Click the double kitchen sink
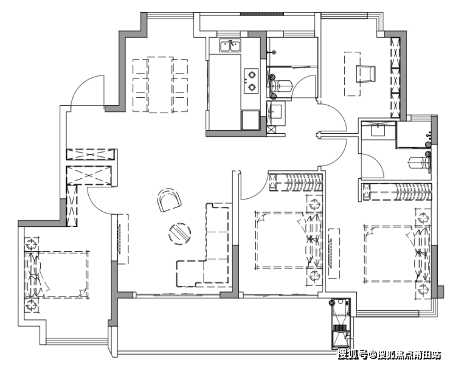click(x=230, y=46)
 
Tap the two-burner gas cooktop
click(x=251, y=81)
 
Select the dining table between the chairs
click(x=161, y=85)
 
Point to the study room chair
click(x=366, y=74)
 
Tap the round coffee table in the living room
click(x=179, y=234)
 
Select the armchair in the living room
click(x=169, y=200)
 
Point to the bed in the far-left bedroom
click(x=57, y=275)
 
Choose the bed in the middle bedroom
click(x=288, y=240)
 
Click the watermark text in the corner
click(x=389, y=355)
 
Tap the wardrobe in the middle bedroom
click(x=296, y=182)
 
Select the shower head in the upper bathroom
click(x=274, y=52)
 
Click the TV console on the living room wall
click(x=123, y=239)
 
